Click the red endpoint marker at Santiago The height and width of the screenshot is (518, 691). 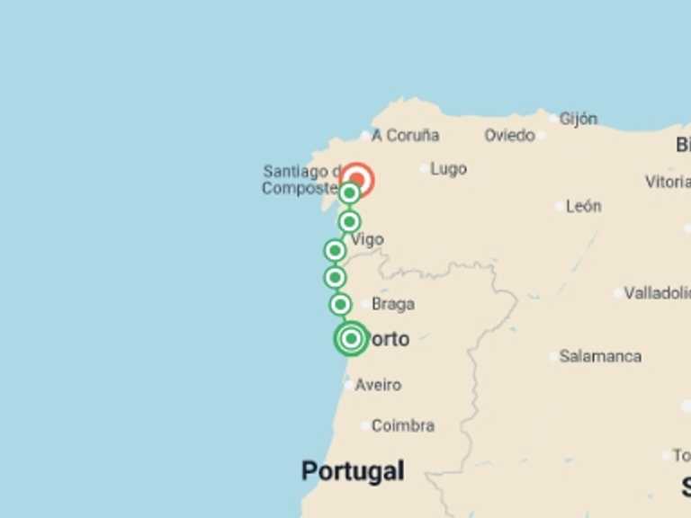pos(357,180)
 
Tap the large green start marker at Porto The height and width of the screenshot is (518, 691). pos(351,338)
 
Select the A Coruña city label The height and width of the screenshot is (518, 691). pos(405,135)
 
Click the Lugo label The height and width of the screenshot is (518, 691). pos(448,168)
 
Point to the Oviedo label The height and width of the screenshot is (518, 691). pos(509,135)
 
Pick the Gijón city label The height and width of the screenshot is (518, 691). pos(578,118)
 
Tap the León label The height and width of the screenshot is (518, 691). pos(583,206)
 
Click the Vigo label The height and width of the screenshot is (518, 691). pos(367,239)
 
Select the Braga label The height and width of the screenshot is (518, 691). pos(393,304)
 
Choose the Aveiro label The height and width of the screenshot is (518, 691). pos(378,385)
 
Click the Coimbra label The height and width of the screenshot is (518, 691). pos(403,425)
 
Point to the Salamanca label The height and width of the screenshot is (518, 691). pos(600,356)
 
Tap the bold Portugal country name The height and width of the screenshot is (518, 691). pos(353,470)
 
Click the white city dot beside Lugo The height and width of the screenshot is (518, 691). pos(425,168)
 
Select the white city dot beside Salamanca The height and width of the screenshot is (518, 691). pos(553,356)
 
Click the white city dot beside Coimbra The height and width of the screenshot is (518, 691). pos(364,425)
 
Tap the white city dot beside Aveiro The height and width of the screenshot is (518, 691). pos(348,385)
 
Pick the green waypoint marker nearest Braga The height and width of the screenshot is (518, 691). pos(340,304)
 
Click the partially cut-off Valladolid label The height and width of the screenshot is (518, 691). pos(657,293)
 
